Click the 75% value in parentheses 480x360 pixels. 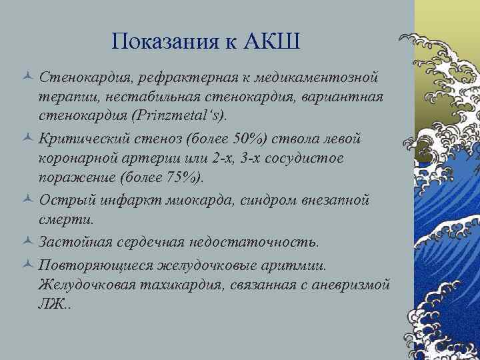187,178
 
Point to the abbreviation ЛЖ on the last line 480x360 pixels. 51,303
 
